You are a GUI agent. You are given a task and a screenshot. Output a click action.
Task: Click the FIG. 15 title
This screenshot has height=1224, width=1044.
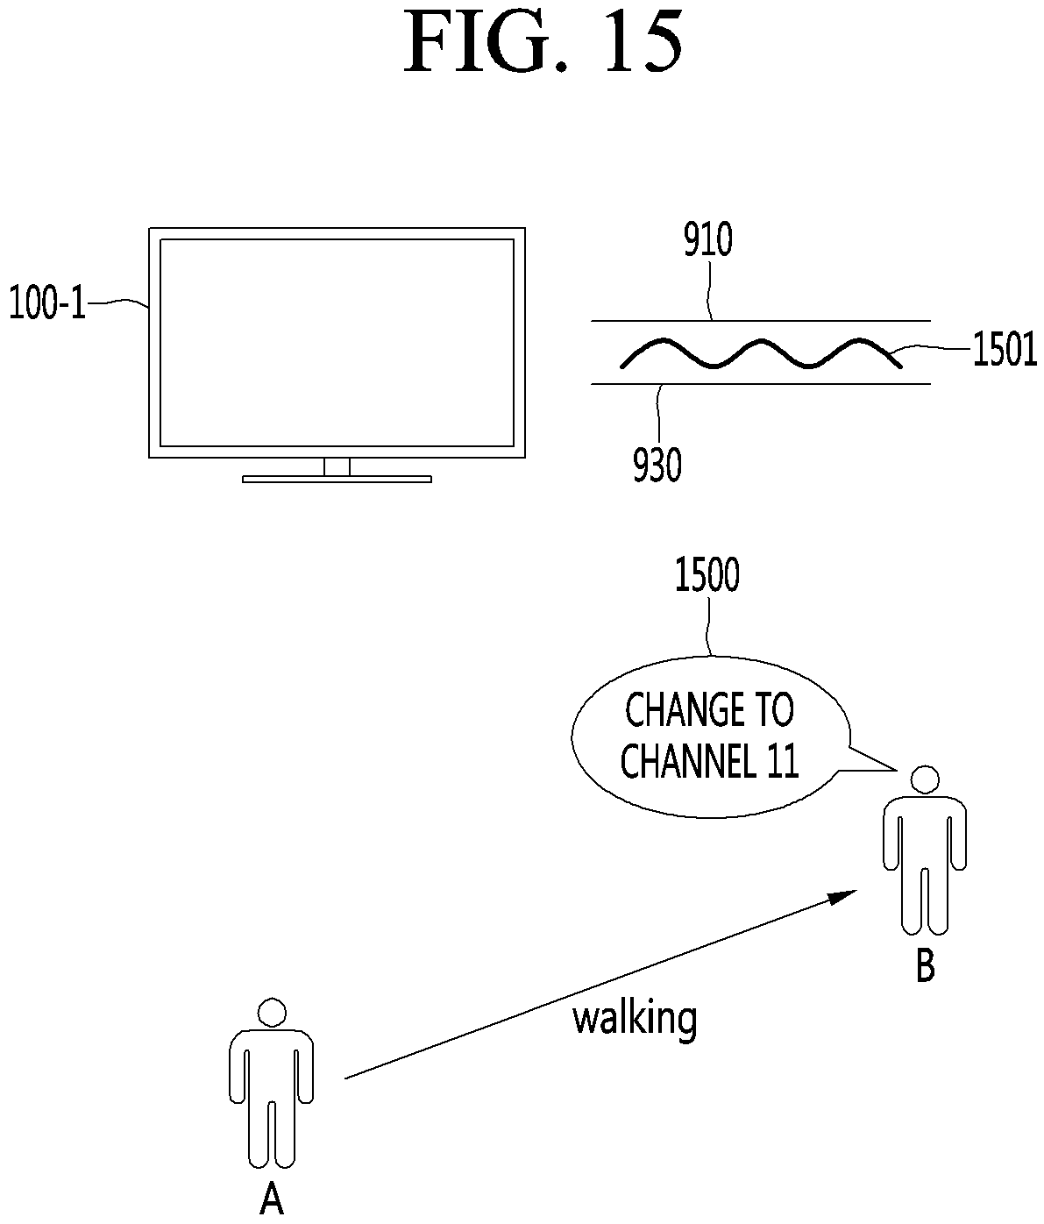tap(543, 42)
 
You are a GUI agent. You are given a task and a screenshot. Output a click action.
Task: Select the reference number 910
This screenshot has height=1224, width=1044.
tap(708, 240)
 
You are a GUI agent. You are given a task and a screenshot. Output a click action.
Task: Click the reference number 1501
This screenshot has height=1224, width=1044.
tap(1005, 349)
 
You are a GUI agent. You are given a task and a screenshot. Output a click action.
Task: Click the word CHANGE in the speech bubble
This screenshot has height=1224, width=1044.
tap(677, 710)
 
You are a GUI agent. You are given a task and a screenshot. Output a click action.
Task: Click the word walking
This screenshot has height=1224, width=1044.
tap(635, 1020)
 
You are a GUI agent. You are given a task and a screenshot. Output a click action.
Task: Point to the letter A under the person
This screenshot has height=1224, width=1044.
tap(271, 1199)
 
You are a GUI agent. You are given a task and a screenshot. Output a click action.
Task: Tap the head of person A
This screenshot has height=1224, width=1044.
tap(272, 1012)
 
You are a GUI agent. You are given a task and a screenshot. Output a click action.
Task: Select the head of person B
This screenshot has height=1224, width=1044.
tap(925, 779)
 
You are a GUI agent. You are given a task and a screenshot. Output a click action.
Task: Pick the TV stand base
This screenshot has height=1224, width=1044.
tap(337, 479)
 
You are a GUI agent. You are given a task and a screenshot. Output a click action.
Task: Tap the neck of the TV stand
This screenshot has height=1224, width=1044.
tap(337, 466)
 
